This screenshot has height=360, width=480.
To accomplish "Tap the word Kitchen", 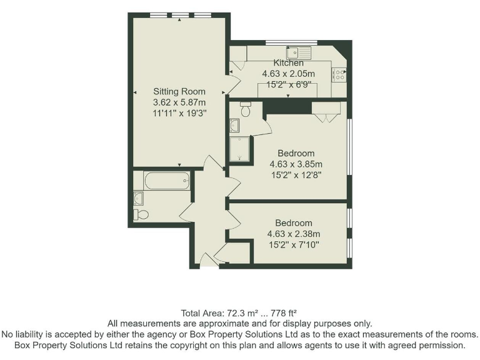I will click(x=288, y=62).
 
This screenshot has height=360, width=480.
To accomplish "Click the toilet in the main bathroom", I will click(x=141, y=214).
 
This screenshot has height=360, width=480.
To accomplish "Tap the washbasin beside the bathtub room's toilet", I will click(x=139, y=199).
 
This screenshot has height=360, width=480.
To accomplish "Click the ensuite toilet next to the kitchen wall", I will click(x=245, y=110).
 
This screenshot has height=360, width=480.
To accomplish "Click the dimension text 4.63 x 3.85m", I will click(x=296, y=164).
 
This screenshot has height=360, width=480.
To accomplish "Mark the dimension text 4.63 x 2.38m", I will click(x=294, y=234).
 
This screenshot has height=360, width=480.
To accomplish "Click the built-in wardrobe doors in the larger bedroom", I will click(x=326, y=112).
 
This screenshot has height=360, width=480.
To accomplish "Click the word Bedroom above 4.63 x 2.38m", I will click(x=294, y=222).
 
